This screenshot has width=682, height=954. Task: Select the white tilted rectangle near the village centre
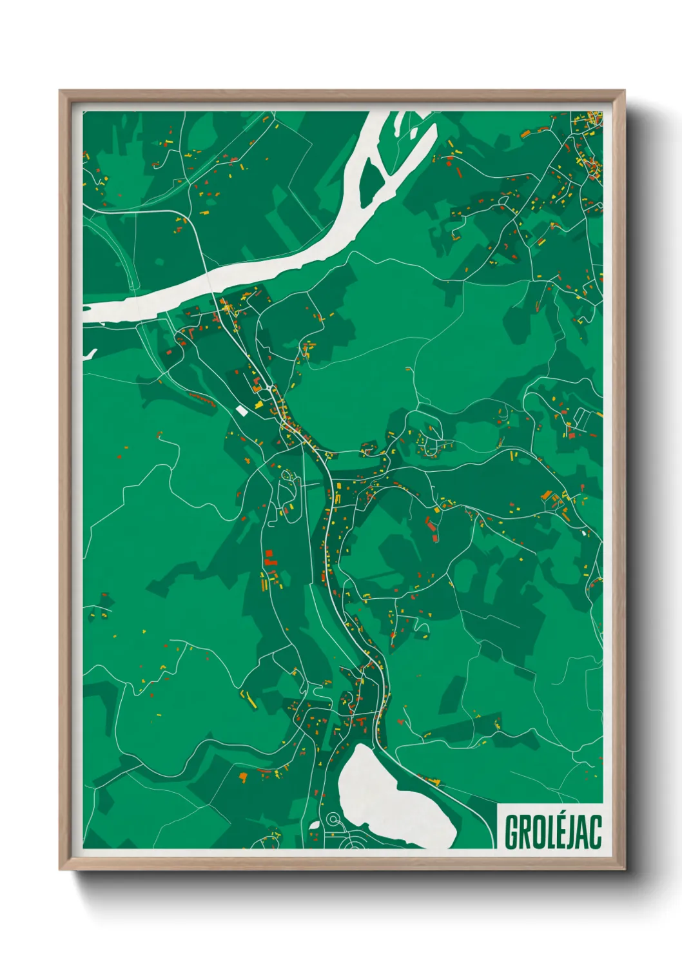pos(241,409)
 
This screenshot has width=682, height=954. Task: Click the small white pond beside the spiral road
pos(315,824)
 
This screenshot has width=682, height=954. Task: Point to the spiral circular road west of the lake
pos(333,819)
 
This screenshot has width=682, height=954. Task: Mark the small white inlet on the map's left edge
pos(89,354)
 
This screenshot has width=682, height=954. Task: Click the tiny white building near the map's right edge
pos(584,533)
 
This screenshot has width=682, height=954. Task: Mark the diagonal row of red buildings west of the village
pos(201,398)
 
